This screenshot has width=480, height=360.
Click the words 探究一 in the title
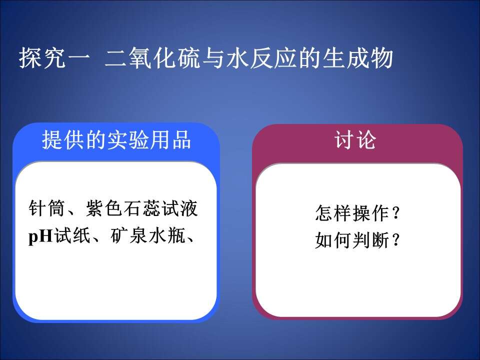tap(54, 57)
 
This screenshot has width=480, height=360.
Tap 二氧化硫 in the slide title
tap(152, 57)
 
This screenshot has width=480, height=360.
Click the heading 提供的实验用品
tap(116, 140)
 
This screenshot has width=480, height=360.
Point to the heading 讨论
tap(355, 140)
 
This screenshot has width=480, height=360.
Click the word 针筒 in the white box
tap(47, 208)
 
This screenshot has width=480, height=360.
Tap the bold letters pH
tap(40, 236)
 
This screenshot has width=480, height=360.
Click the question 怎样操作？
tap(357, 213)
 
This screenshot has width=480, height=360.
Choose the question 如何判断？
tap(357, 239)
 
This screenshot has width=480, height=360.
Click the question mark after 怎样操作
tap(395, 213)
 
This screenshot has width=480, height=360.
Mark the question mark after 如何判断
tap(395, 239)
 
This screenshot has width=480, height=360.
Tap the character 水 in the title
tap(238, 57)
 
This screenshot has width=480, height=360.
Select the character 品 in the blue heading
tap(181, 140)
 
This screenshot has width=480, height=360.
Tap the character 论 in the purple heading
tap(366, 140)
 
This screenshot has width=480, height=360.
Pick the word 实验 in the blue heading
tap(127, 140)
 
